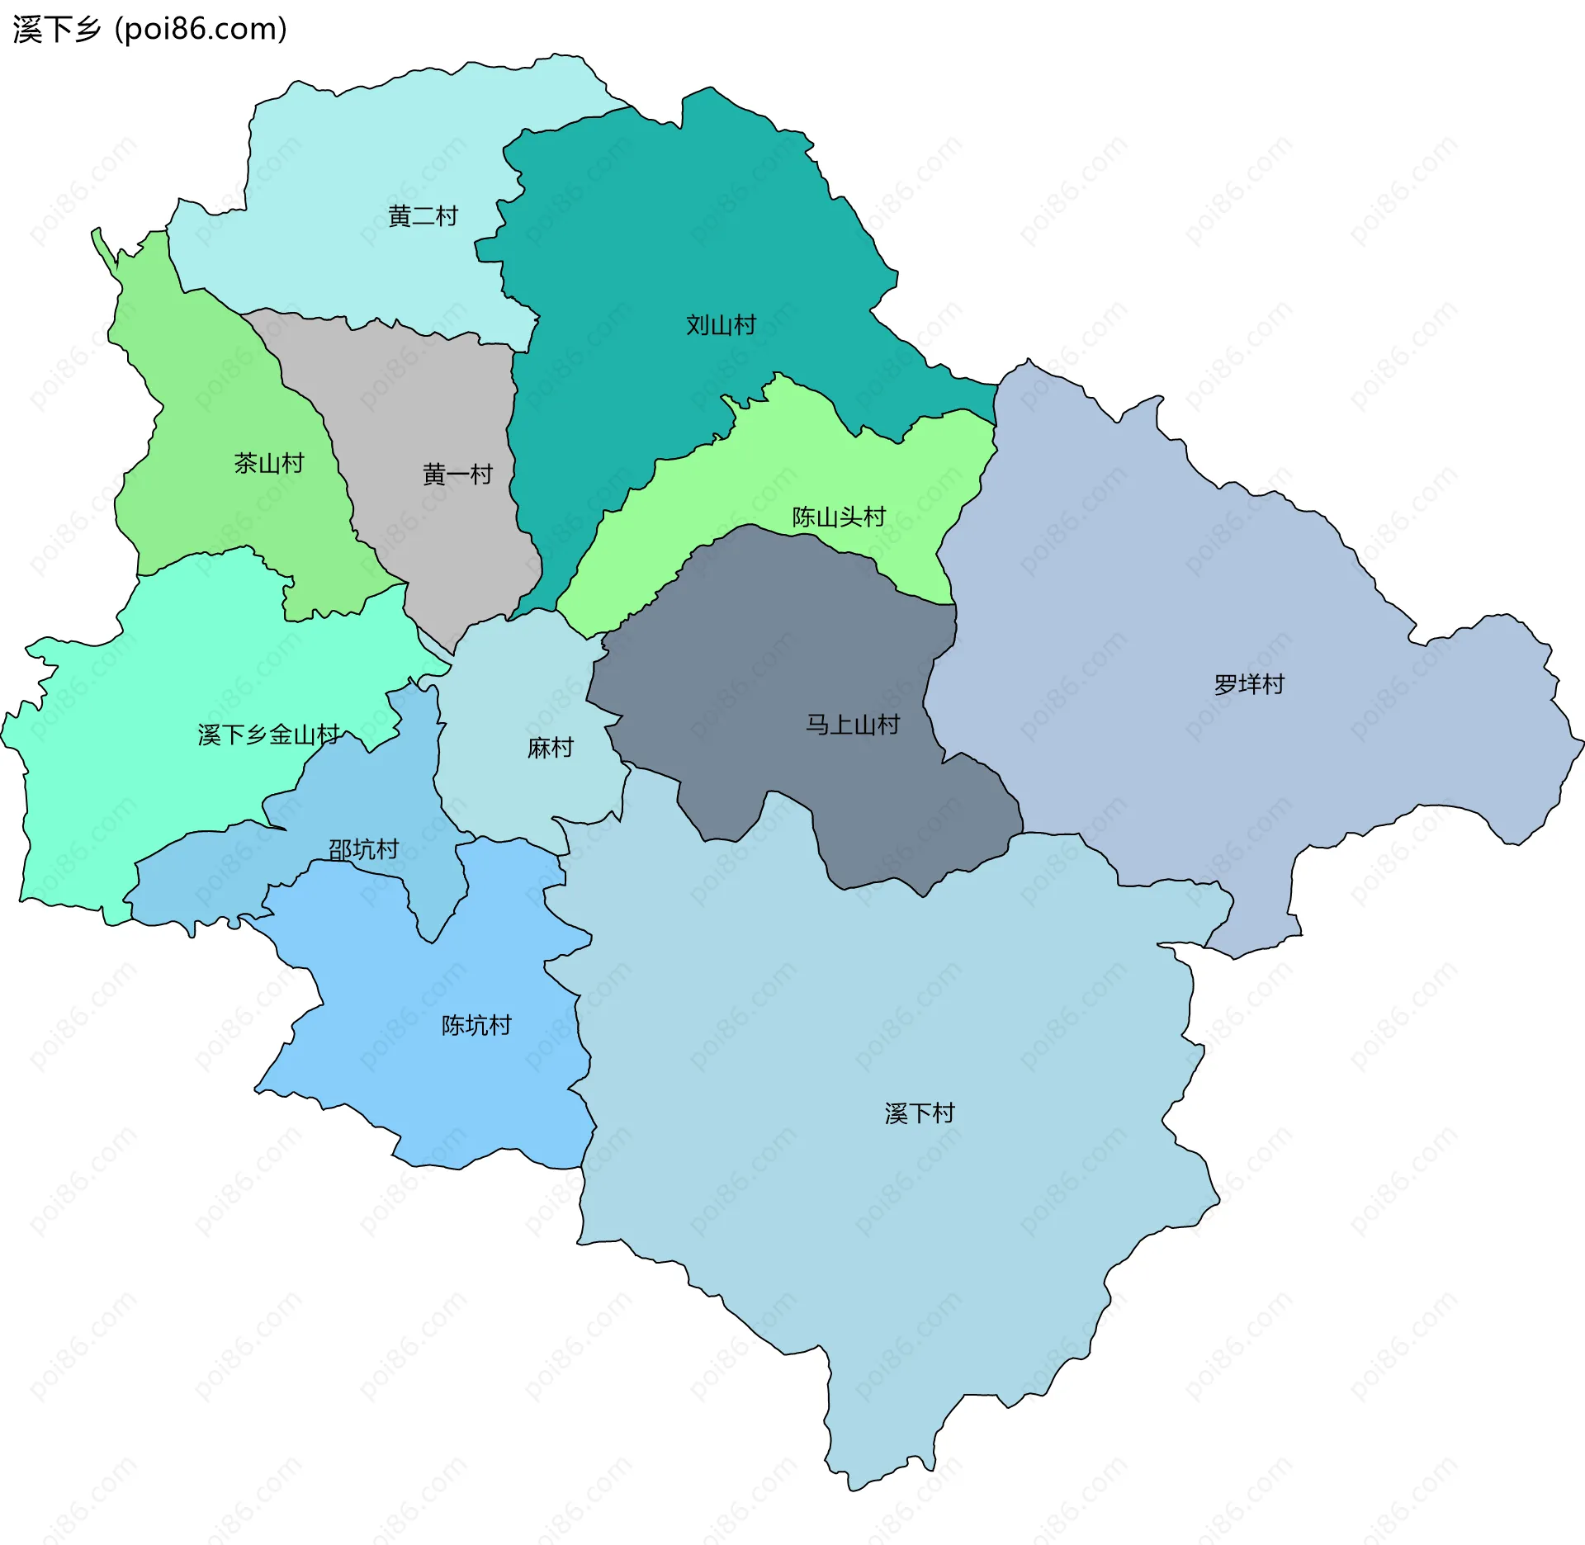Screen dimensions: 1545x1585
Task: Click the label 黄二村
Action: [423, 216]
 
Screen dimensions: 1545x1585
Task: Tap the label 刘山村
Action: [721, 325]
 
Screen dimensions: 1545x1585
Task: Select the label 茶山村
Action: [269, 463]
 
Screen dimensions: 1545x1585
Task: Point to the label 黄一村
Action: [457, 475]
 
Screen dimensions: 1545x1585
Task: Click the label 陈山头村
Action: [839, 517]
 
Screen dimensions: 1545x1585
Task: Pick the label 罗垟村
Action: [1249, 684]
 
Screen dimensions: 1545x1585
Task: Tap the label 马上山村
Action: [852, 725]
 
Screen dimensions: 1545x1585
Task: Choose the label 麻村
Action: [550, 748]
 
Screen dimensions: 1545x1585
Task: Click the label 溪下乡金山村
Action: [268, 735]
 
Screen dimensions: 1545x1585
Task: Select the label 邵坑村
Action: [363, 849]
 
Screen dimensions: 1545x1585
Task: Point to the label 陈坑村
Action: [476, 1025]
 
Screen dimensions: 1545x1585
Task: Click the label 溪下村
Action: [920, 1113]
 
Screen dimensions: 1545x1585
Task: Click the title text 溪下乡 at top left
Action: [56, 30]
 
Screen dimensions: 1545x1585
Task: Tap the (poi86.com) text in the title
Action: [201, 30]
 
